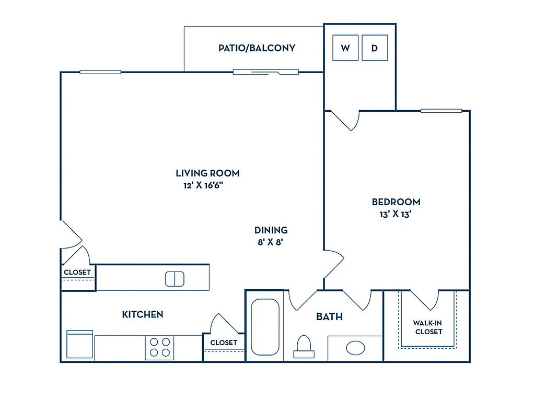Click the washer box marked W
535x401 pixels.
(345, 48)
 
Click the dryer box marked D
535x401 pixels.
(375, 48)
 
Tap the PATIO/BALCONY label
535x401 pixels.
(257, 48)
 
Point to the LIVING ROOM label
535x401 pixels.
(207, 173)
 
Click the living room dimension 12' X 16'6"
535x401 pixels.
(204, 185)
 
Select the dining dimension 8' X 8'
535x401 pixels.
(270, 242)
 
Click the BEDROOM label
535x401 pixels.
(396, 202)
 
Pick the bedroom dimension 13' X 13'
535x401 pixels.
(396, 214)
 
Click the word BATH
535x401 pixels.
(329, 316)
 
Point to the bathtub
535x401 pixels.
(265, 327)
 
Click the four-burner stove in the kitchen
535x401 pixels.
(160, 347)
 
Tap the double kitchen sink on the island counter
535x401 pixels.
(175, 279)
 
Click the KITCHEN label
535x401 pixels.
(143, 314)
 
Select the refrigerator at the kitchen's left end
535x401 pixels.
(80, 345)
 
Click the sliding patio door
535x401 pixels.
(265, 72)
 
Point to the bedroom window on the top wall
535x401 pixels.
(441, 111)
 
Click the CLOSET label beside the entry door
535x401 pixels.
(77, 273)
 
